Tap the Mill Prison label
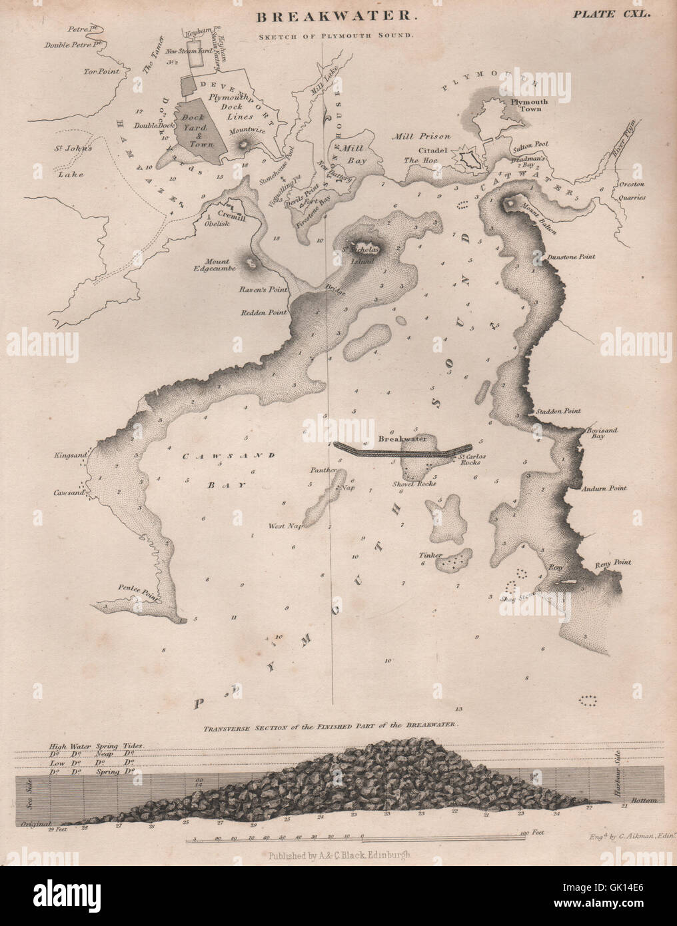click(x=412, y=136)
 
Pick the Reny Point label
click(x=613, y=562)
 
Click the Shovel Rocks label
click(x=414, y=483)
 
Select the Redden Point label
click(x=264, y=312)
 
